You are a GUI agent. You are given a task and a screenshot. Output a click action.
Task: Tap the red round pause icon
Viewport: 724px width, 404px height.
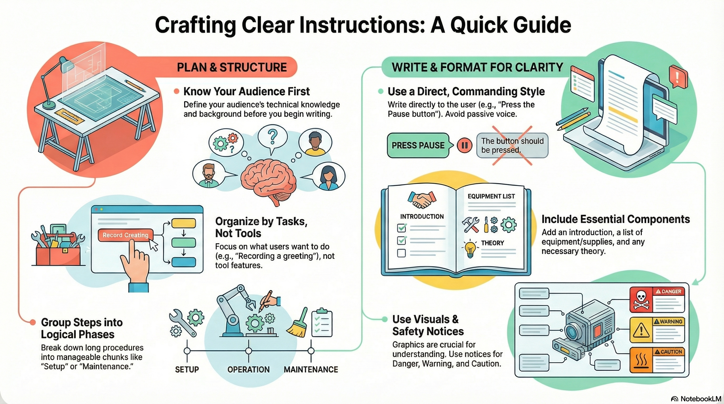(x=464, y=145)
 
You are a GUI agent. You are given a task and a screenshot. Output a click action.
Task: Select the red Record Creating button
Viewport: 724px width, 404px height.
(x=125, y=235)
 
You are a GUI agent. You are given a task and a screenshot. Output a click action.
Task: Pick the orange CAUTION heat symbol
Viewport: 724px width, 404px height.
(x=641, y=360)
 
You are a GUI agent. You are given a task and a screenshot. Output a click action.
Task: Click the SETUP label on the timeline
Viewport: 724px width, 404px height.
(x=187, y=369)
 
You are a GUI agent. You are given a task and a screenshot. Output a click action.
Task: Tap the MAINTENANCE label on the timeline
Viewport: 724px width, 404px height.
(x=311, y=369)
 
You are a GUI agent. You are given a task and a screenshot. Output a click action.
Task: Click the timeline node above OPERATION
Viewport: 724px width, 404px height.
(x=248, y=351)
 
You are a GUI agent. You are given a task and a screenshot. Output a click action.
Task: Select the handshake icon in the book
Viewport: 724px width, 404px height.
(x=421, y=200)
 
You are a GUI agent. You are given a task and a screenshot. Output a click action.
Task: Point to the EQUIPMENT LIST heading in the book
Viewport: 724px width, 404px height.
(x=491, y=196)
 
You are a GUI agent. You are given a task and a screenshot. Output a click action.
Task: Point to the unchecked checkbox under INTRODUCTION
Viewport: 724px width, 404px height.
(x=401, y=253)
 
